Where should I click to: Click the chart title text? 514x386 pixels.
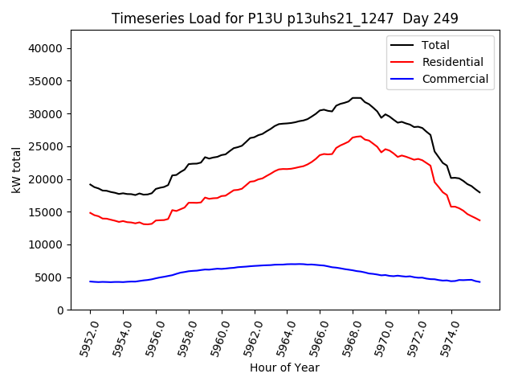click(x=284, y=18)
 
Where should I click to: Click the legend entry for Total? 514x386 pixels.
click(x=435, y=45)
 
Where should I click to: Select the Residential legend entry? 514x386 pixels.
click(x=452, y=62)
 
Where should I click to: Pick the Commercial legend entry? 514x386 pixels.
click(x=455, y=79)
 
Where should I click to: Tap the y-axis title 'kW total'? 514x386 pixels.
click(x=16, y=170)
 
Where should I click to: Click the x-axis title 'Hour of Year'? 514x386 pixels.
click(x=284, y=368)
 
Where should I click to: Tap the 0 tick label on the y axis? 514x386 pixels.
click(x=60, y=310)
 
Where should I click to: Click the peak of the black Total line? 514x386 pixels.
click(x=356, y=98)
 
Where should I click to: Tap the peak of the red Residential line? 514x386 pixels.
click(x=359, y=137)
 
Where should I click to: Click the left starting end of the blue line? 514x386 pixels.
click(x=90, y=281)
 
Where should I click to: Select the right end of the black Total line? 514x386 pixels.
click(x=480, y=192)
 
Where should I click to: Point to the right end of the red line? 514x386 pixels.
click(x=480, y=220)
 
